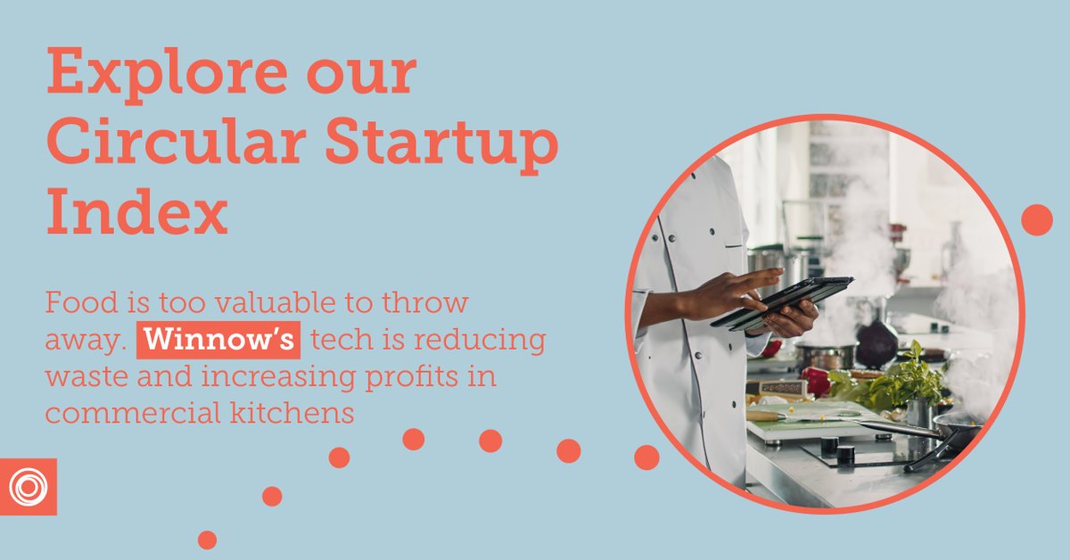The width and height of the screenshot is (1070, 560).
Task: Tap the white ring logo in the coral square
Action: pyautogui.click(x=29, y=487)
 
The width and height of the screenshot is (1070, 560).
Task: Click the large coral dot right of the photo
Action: pyautogui.click(x=1036, y=219)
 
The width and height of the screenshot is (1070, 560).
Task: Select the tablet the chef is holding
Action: pyautogui.click(x=785, y=301)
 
